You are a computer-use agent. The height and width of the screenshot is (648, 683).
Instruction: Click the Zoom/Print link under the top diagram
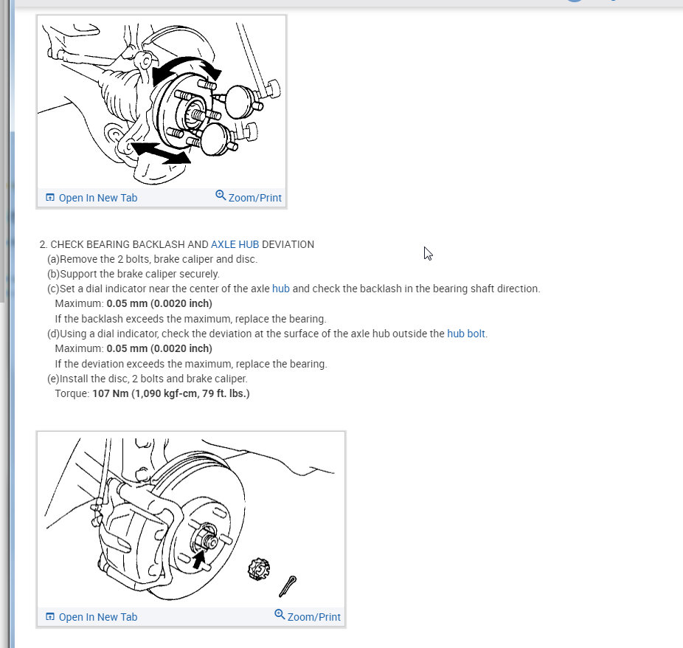click(x=249, y=197)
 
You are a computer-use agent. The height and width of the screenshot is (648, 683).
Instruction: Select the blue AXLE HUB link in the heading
click(x=235, y=244)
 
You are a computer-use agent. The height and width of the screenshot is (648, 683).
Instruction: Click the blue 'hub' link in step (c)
click(x=280, y=289)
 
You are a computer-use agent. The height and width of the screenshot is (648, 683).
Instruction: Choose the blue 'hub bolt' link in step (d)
click(x=466, y=334)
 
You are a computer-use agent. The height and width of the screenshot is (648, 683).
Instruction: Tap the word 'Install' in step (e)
click(x=74, y=379)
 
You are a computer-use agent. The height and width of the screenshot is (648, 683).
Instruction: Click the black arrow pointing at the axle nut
click(x=199, y=559)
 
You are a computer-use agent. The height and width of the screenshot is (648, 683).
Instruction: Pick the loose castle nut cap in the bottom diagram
click(x=258, y=568)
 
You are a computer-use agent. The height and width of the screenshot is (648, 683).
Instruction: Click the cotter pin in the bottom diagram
click(x=288, y=586)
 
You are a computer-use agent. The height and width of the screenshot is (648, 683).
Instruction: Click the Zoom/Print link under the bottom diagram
click(x=308, y=616)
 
